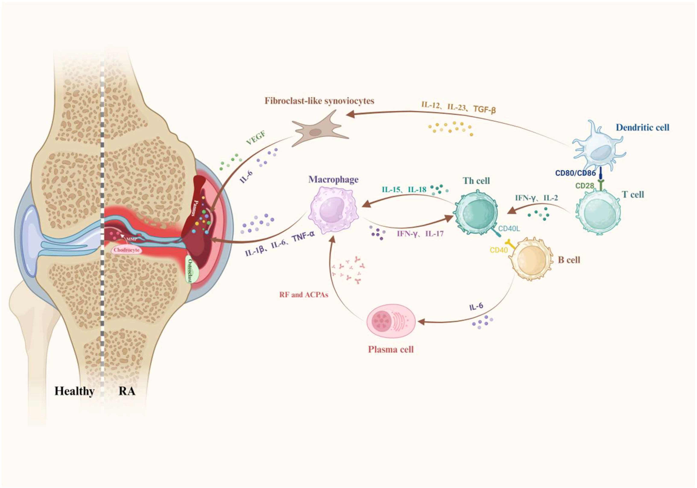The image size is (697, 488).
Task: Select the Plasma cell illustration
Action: tap(391, 321)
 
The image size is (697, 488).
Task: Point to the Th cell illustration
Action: tap(476, 212)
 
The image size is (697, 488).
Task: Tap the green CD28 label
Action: tap(584, 186)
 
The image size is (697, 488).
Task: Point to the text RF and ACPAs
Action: tap(304, 295)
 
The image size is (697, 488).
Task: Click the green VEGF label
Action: tap(256, 138)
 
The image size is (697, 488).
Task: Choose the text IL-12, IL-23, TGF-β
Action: tap(458, 107)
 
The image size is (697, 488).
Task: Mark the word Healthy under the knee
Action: tap(74, 391)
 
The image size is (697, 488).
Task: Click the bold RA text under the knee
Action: tap(127, 391)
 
